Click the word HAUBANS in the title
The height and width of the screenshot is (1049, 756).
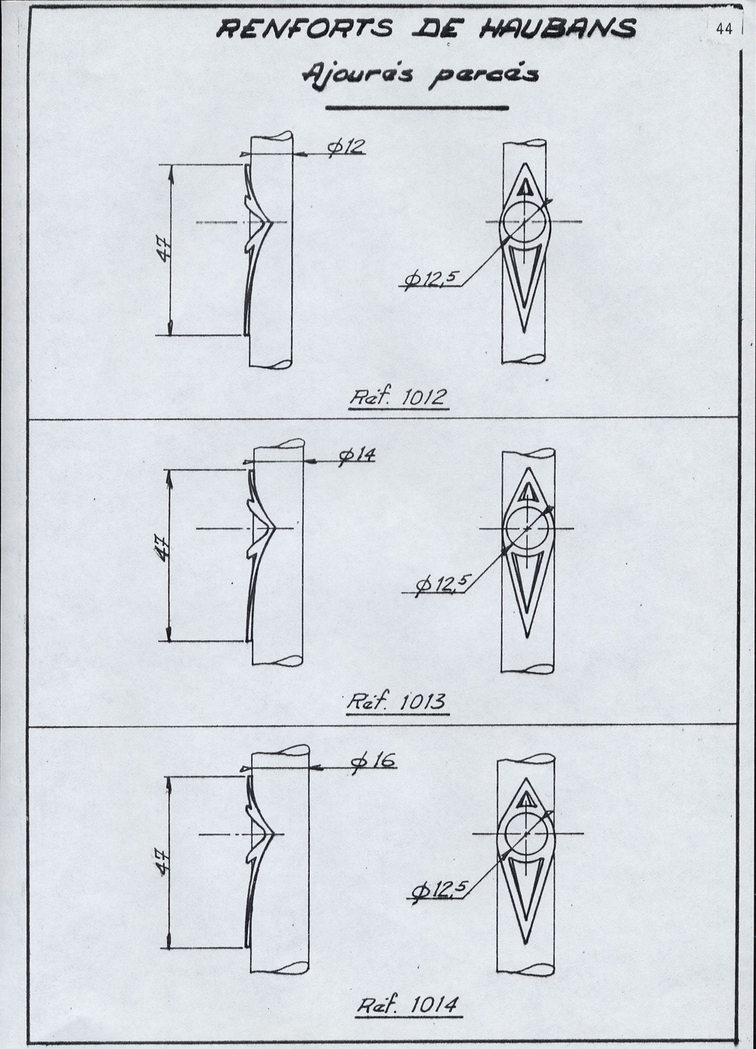(557, 29)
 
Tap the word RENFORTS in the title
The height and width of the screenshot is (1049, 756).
(305, 29)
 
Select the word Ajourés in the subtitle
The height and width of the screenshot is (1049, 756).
(357, 75)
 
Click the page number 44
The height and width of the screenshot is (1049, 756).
(723, 29)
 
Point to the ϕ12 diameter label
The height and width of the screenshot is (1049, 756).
(345, 147)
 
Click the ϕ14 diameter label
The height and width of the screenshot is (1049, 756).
(357, 456)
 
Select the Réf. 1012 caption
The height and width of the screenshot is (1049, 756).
(398, 398)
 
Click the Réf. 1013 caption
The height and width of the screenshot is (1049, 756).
(397, 702)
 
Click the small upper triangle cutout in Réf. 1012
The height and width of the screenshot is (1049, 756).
(525, 187)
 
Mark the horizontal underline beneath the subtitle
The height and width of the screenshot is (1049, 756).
(417, 108)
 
